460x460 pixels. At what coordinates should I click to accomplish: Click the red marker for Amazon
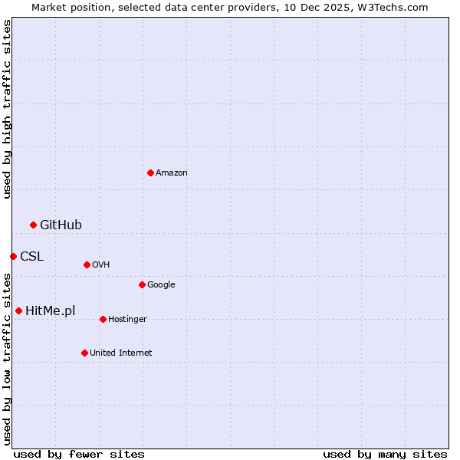(150, 172)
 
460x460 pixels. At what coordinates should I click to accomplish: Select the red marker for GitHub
(33, 225)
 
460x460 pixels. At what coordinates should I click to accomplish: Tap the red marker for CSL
(13, 256)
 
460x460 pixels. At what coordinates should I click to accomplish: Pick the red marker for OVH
(87, 264)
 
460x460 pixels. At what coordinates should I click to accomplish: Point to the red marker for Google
(142, 284)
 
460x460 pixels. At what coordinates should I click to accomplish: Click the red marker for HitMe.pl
(18, 310)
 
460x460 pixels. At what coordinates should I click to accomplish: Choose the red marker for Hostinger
(103, 319)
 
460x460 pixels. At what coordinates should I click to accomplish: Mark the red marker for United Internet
(84, 353)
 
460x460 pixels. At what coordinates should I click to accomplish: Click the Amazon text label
(172, 173)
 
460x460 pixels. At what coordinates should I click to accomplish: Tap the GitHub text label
(61, 225)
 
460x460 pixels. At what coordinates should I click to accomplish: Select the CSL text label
(31, 256)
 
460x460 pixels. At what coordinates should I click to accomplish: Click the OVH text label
(100, 265)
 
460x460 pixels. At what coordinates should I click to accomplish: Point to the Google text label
(161, 285)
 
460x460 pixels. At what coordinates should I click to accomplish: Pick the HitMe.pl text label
(51, 310)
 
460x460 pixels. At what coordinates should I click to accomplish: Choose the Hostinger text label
(127, 320)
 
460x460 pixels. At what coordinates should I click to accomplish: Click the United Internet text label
(120, 353)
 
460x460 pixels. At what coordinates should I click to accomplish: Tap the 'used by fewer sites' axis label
(79, 454)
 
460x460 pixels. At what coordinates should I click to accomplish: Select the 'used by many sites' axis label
(385, 454)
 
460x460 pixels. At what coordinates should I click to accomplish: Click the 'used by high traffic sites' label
(8, 109)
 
